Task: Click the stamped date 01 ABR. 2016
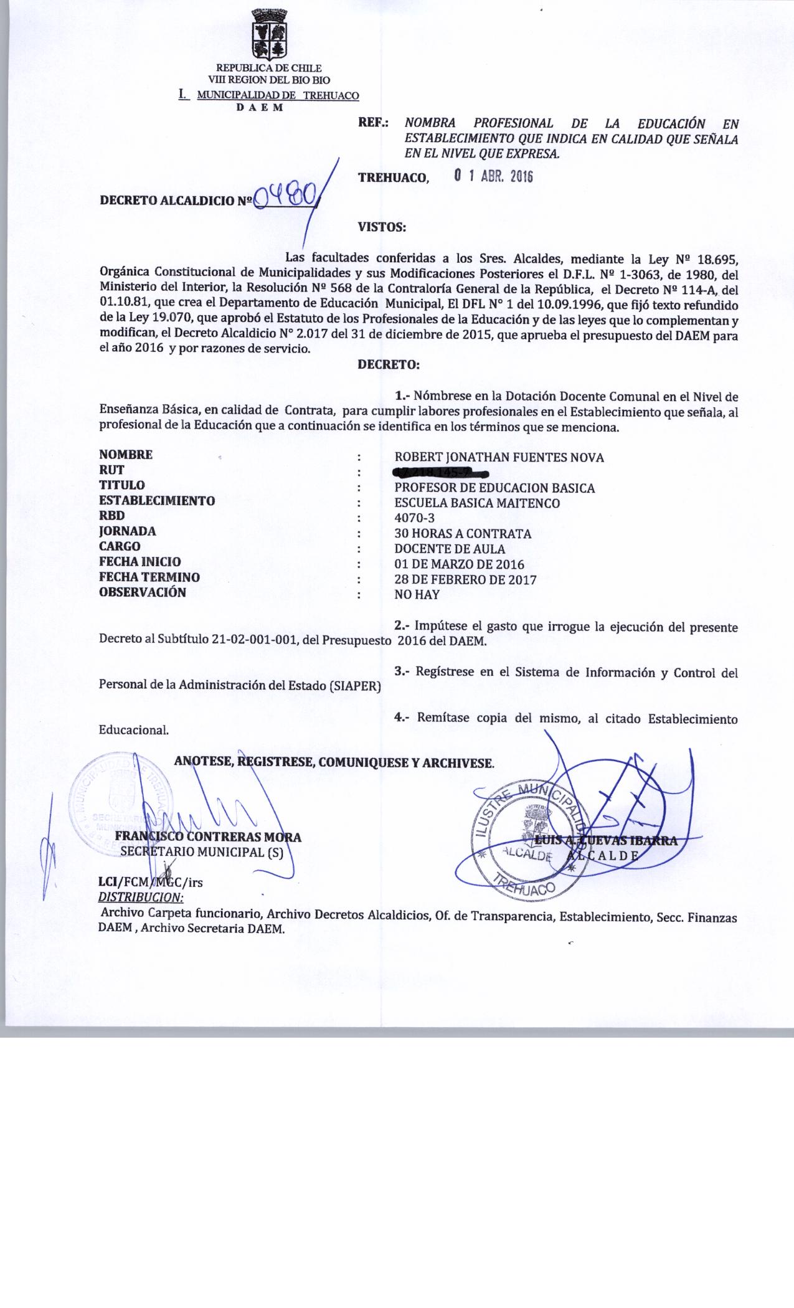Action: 493,177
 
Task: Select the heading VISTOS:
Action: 381,227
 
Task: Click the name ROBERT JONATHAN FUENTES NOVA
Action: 499,458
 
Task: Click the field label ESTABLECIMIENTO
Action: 157,500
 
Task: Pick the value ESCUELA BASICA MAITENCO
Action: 477,503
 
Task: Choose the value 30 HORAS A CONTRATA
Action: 463,534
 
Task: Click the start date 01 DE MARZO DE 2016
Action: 459,565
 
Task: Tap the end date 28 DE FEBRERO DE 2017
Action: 465,580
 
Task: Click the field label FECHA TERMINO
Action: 149,577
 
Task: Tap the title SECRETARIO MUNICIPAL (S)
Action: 201,852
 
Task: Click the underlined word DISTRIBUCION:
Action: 141,898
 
